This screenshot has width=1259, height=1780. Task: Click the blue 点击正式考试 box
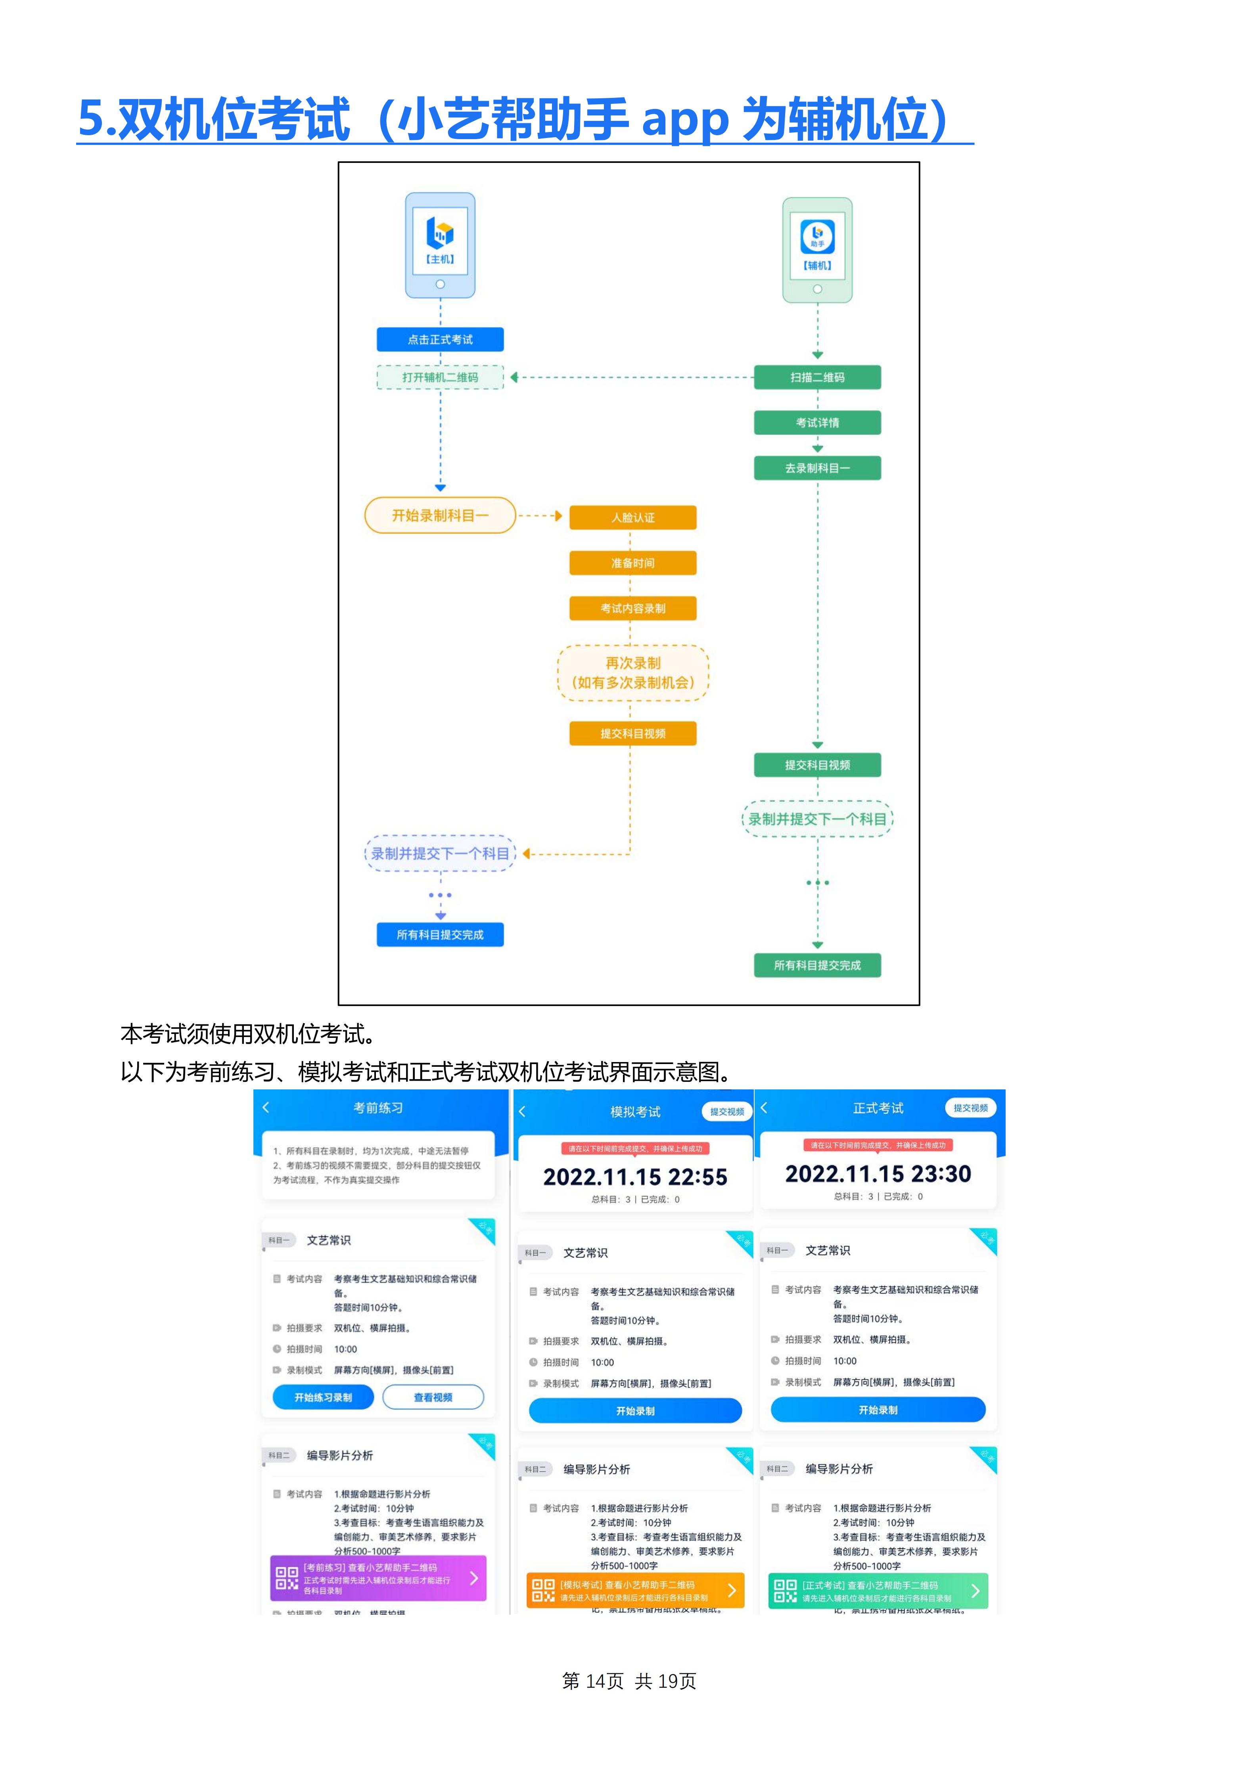(x=440, y=340)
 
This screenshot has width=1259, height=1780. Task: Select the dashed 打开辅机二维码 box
(x=440, y=377)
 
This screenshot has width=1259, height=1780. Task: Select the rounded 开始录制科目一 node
(x=440, y=515)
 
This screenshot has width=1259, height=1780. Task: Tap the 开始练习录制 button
(x=323, y=1397)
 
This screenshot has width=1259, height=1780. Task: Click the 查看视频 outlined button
(x=433, y=1397)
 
